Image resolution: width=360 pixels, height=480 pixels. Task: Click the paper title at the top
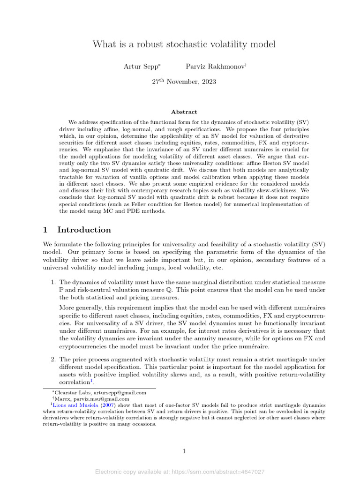(x=184, y=44)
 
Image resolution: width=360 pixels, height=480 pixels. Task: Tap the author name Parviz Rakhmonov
(x=215, y=67)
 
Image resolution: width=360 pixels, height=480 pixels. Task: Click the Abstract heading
(x=184, y=112)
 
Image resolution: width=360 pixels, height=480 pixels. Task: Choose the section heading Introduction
(x=84, y=230)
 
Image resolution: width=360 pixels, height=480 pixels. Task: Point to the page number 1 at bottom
(x=184, y=451)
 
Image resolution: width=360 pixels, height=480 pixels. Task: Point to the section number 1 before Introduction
(x=45, y=230)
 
